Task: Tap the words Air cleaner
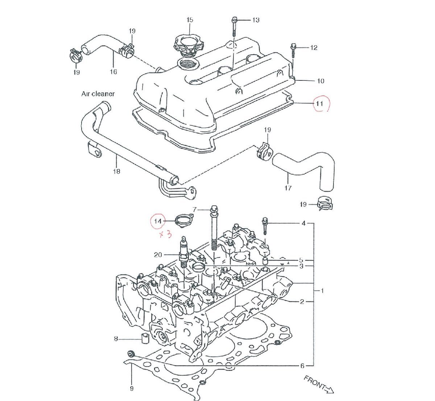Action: coord(98,94)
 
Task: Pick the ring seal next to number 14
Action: coord(183,220)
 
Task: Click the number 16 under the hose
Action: coord(113,72)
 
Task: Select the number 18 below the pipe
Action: coord(116,171)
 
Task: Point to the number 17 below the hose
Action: coord(288,188)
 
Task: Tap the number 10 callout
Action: coord(320,81)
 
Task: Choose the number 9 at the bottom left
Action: coord(132,389)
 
